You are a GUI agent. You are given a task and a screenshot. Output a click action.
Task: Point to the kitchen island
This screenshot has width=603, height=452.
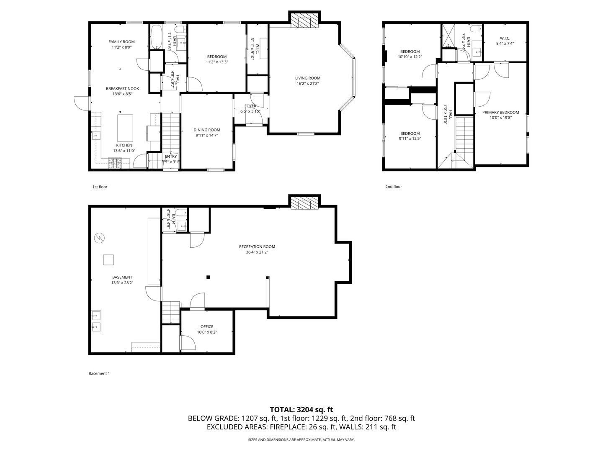[125, 128]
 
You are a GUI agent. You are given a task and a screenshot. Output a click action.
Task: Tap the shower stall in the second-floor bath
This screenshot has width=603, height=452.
[448, 35]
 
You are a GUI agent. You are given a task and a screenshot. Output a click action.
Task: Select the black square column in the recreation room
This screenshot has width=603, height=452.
[208, 277]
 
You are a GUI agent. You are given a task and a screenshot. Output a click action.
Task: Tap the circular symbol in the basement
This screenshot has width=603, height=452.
[99, 238]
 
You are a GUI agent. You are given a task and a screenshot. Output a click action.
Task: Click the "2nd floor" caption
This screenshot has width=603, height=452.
[393, 187]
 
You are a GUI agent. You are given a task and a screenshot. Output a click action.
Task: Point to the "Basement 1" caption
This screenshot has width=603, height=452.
[99, 373]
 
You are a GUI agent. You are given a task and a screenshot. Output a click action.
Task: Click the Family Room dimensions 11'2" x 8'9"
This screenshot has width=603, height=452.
[122, 47]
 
